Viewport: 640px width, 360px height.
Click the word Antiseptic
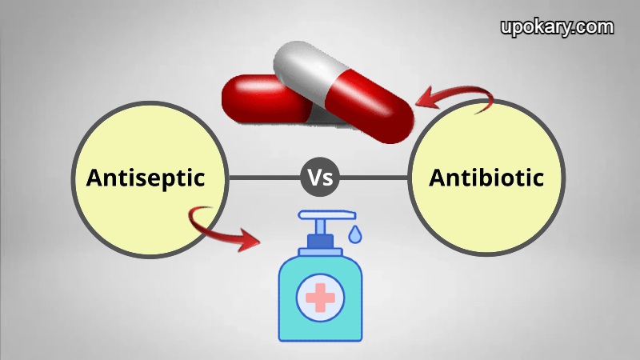pos(146,178)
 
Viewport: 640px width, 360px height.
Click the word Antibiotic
pos(486,178)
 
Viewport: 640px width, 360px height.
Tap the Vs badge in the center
pos(320,177)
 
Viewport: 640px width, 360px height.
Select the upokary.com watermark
pos(557,27)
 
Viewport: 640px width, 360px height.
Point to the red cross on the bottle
pos(321,298)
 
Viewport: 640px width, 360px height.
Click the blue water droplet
pos(354,234)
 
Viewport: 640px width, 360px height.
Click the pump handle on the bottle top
pos(327,215)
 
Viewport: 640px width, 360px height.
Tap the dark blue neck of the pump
pos(321,242)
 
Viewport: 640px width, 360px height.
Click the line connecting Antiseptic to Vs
pos(265,178)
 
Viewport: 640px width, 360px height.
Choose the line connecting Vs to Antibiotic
pos(374,178)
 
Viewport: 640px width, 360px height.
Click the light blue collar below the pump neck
pos(321,252)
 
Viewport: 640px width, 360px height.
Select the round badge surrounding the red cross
pos(321,298)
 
